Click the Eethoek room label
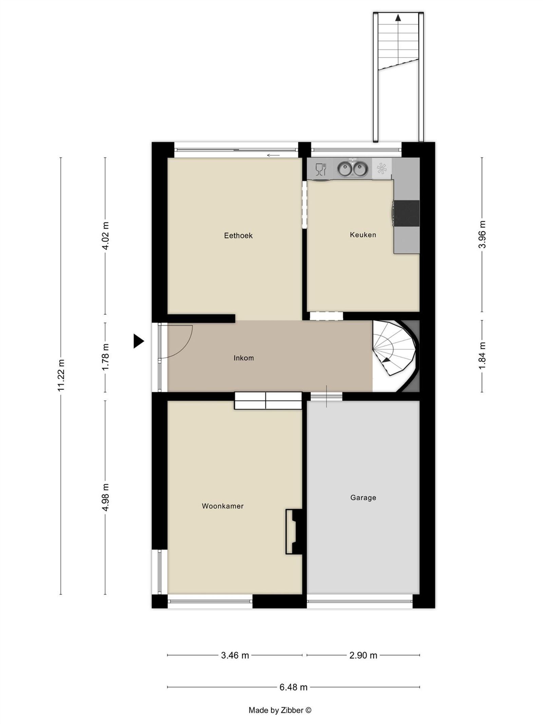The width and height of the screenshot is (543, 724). click(x=238, y=236)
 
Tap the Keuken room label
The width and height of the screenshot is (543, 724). click(x=363, y=235)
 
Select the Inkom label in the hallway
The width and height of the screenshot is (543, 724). click(x=244, y=358)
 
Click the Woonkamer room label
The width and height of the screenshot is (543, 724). click(x=223, y=506)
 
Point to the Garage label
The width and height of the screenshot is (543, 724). click(x=363, y=498)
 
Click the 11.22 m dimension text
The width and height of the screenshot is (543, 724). click(x=61, y=375)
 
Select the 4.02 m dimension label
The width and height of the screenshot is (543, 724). click(x=106, y=236)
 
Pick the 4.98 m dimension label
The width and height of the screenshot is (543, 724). click(x=106, y=497)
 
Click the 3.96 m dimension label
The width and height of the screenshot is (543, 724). click(x=482, y=234)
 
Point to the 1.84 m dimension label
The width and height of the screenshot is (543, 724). click(x=482, y=356)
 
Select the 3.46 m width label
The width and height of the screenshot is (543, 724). click(x=235, y=655)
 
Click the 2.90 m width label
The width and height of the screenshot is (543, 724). click(x=363, y=655)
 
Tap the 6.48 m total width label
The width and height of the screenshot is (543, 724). click(x=293, y=687)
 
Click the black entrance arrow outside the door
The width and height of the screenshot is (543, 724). click(x=138, y=341)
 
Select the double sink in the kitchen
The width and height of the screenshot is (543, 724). click(x=352, y=169)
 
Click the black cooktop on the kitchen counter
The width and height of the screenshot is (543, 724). click(x=407, y=213)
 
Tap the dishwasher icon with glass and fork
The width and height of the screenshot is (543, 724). click(x=321, y=169)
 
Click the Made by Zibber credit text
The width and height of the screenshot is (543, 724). click(x=280, y=710)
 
